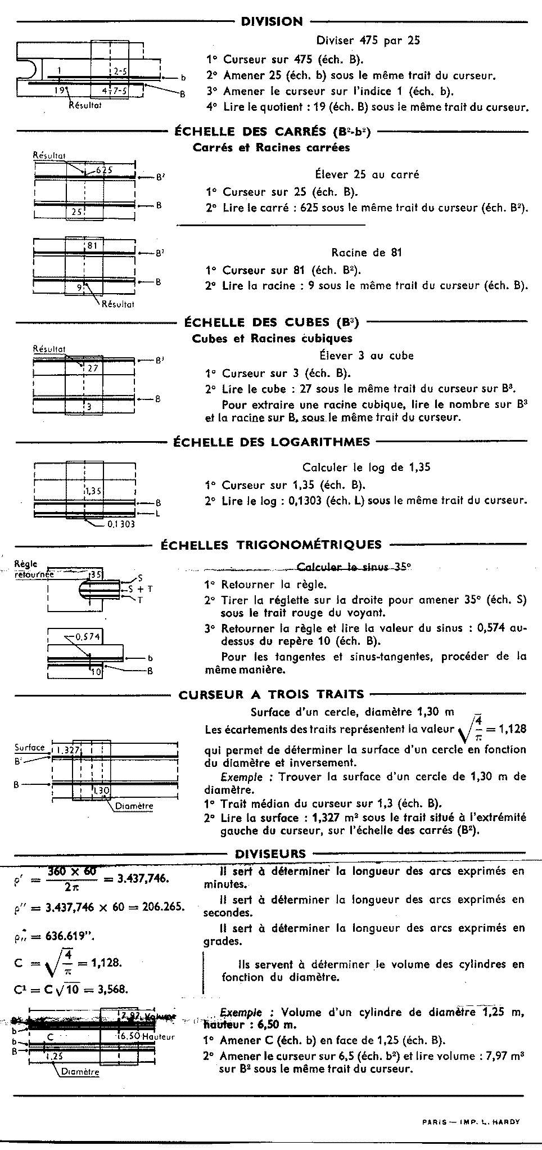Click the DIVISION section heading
[272, 22]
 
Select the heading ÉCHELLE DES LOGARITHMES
[272, 442]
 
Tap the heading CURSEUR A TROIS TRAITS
[272, 695]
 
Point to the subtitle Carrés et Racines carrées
[271, 148]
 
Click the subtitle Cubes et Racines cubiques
[272, 339]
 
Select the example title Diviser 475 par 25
[368, 41]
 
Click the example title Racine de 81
[367, 253]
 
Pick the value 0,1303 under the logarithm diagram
[121, 524]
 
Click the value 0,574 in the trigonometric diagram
[87, 637]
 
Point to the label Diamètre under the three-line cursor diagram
[134, 806]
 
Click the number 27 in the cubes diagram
[92, 368]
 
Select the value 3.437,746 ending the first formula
[143, 879]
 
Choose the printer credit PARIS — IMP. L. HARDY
[471, 1121]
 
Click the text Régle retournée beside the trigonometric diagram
[34, 569]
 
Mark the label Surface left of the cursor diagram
[30, 748]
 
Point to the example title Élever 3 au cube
[367, 356]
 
